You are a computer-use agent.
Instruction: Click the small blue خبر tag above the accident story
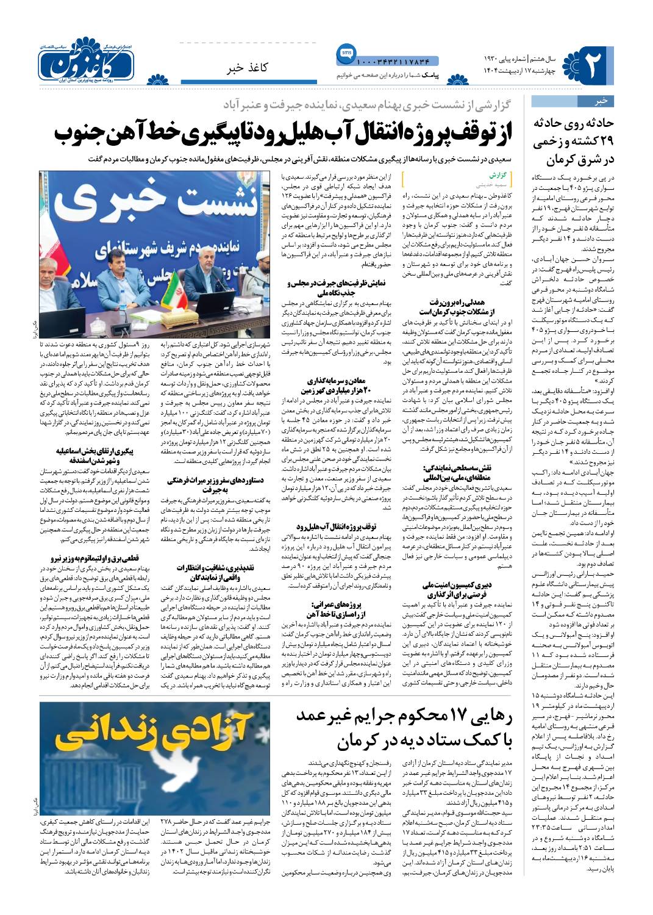tap(601, 101)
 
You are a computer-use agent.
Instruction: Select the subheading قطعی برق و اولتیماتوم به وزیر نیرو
tap(101, 558)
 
